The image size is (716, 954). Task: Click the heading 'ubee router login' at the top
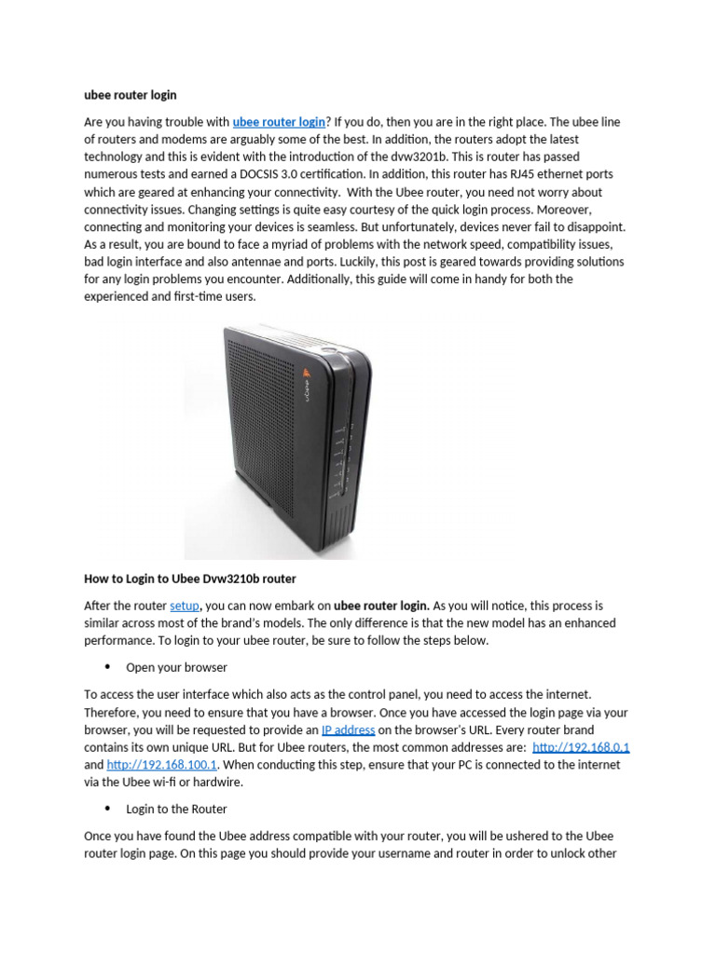[x=131, y=95]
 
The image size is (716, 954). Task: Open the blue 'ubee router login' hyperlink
[x=279, y=122]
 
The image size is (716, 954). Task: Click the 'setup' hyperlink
[x=185, y=606]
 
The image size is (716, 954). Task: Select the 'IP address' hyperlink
[x=348, y=729]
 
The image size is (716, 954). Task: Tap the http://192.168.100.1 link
[x=162, y=765]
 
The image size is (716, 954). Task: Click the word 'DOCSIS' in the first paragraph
[x=244, y=174]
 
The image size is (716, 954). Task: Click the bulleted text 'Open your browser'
[x=176, y=668]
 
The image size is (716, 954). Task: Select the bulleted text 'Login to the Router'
[x=176, y=810]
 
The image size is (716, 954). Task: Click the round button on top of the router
[x=328, y=352]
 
